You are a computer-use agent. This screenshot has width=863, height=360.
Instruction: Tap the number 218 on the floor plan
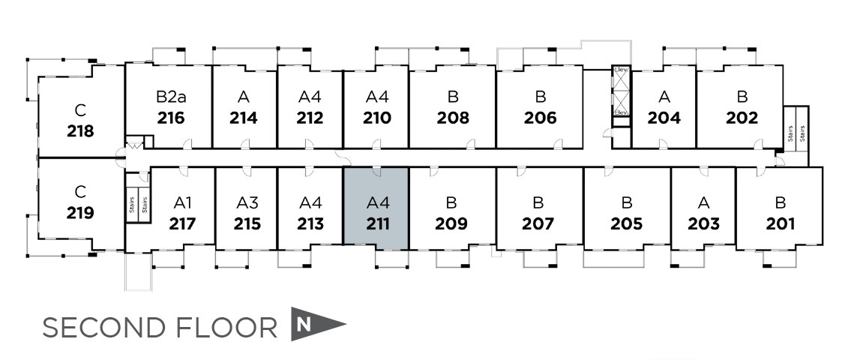click(80, 131)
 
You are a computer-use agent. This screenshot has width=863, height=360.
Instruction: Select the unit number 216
click(171, 118)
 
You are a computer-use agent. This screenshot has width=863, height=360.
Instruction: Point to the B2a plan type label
click(171, 97)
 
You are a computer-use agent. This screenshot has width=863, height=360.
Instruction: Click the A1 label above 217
click(183, 202)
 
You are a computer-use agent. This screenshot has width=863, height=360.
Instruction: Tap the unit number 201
click(781, 223)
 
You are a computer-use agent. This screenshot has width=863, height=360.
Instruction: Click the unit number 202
click(742, 118)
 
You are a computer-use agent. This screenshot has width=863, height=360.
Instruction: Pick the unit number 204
click(664, 118)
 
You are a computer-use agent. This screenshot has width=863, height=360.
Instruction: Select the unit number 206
click(541, 118)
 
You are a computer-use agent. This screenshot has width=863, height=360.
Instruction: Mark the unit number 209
click(451, 223)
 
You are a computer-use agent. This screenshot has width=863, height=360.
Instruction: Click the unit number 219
click(80, 213)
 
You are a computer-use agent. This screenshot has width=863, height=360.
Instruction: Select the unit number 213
click(310, 223)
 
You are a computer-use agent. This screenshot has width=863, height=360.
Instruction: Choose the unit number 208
click(453, 118)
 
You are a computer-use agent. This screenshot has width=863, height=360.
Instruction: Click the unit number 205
click(627, 223)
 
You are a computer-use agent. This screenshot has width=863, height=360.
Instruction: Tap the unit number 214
click(244, 118)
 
